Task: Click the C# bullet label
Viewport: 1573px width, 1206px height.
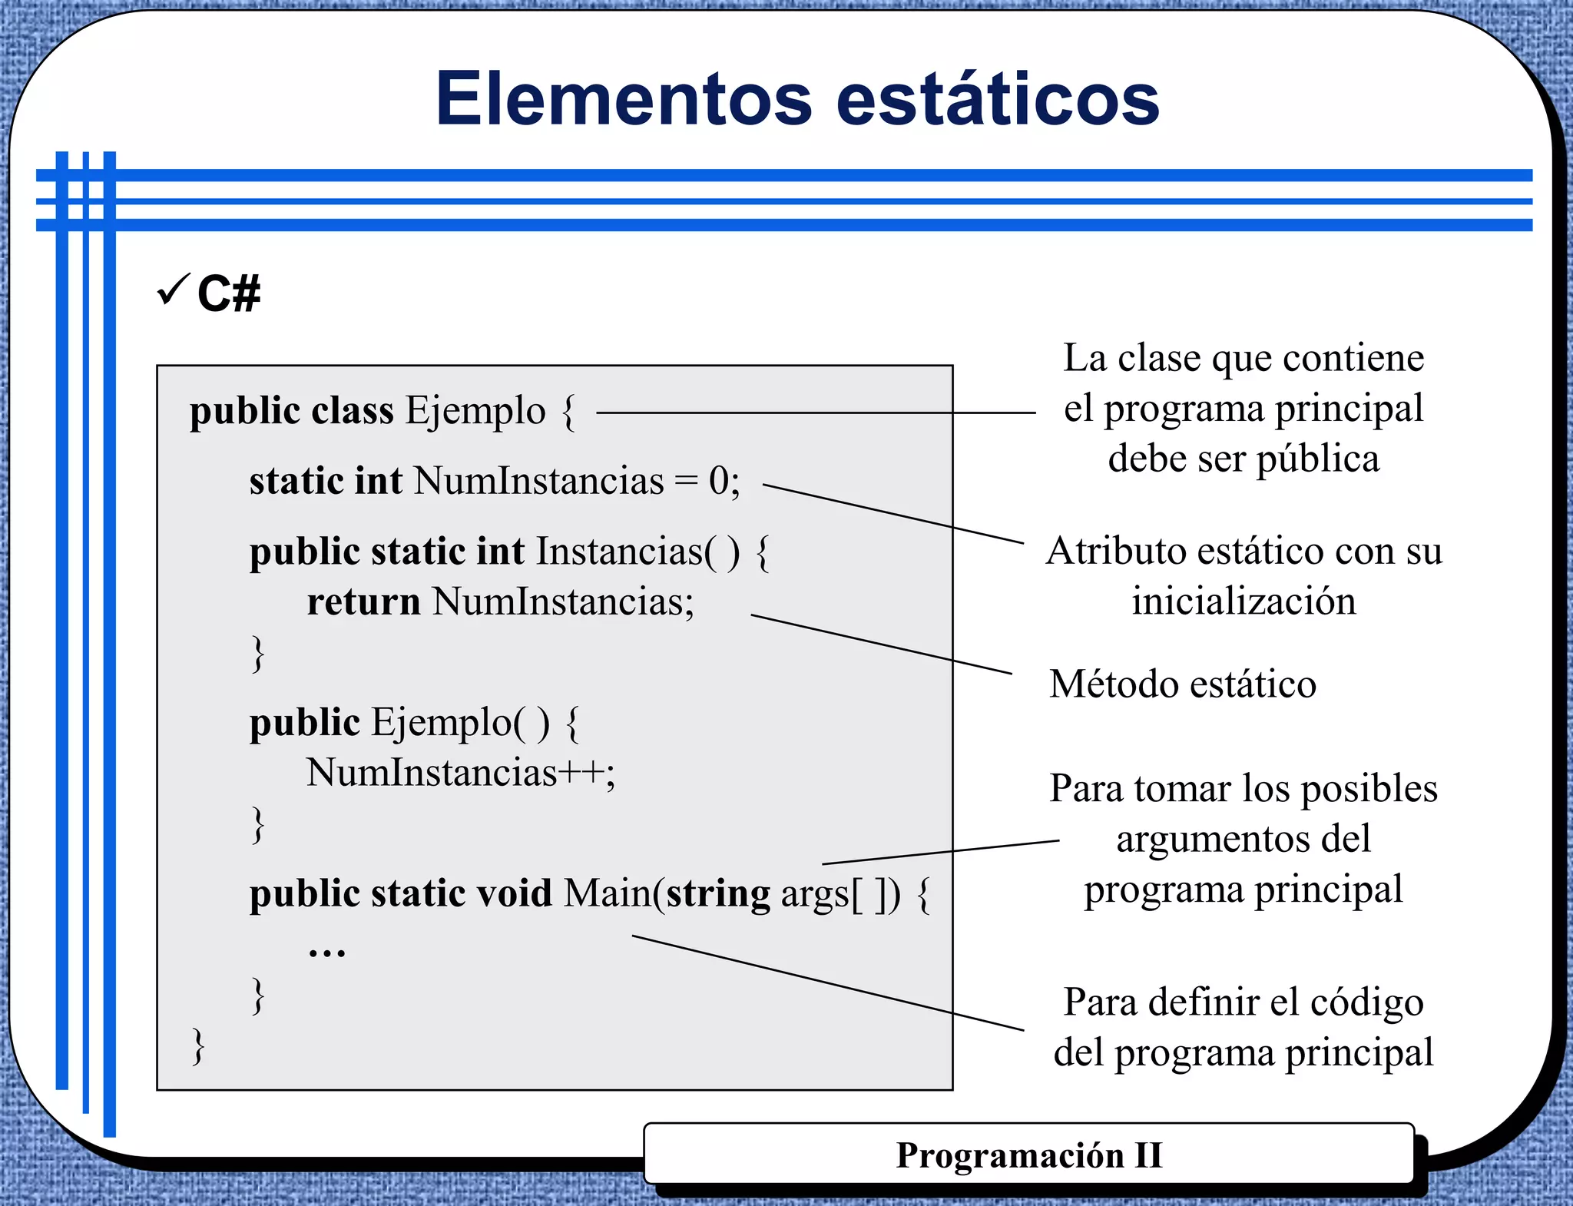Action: click(x=228, y=293)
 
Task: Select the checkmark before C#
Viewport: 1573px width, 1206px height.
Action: click(x=173, y=290)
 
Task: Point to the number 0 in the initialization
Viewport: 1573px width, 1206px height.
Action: click(x=718, y=482)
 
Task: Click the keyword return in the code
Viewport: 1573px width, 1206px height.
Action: click(x=363, y=601)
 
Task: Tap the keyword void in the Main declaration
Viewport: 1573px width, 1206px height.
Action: click(x=514, y=893)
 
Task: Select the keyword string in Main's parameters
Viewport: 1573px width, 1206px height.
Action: click(x=717, y=894)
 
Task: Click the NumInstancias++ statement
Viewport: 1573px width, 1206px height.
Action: click(x=461, y=773)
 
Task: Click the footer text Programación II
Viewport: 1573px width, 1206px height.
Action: click(x=1028, y=1155)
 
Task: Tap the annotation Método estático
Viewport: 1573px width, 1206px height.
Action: click(x=1182, y=684)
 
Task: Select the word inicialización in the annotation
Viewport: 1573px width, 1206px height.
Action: click(x=1243, y=601)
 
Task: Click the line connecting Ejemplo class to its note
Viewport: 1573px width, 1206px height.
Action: click(x=814, y=412)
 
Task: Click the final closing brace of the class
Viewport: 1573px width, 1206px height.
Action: click(x=198, y=1046)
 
